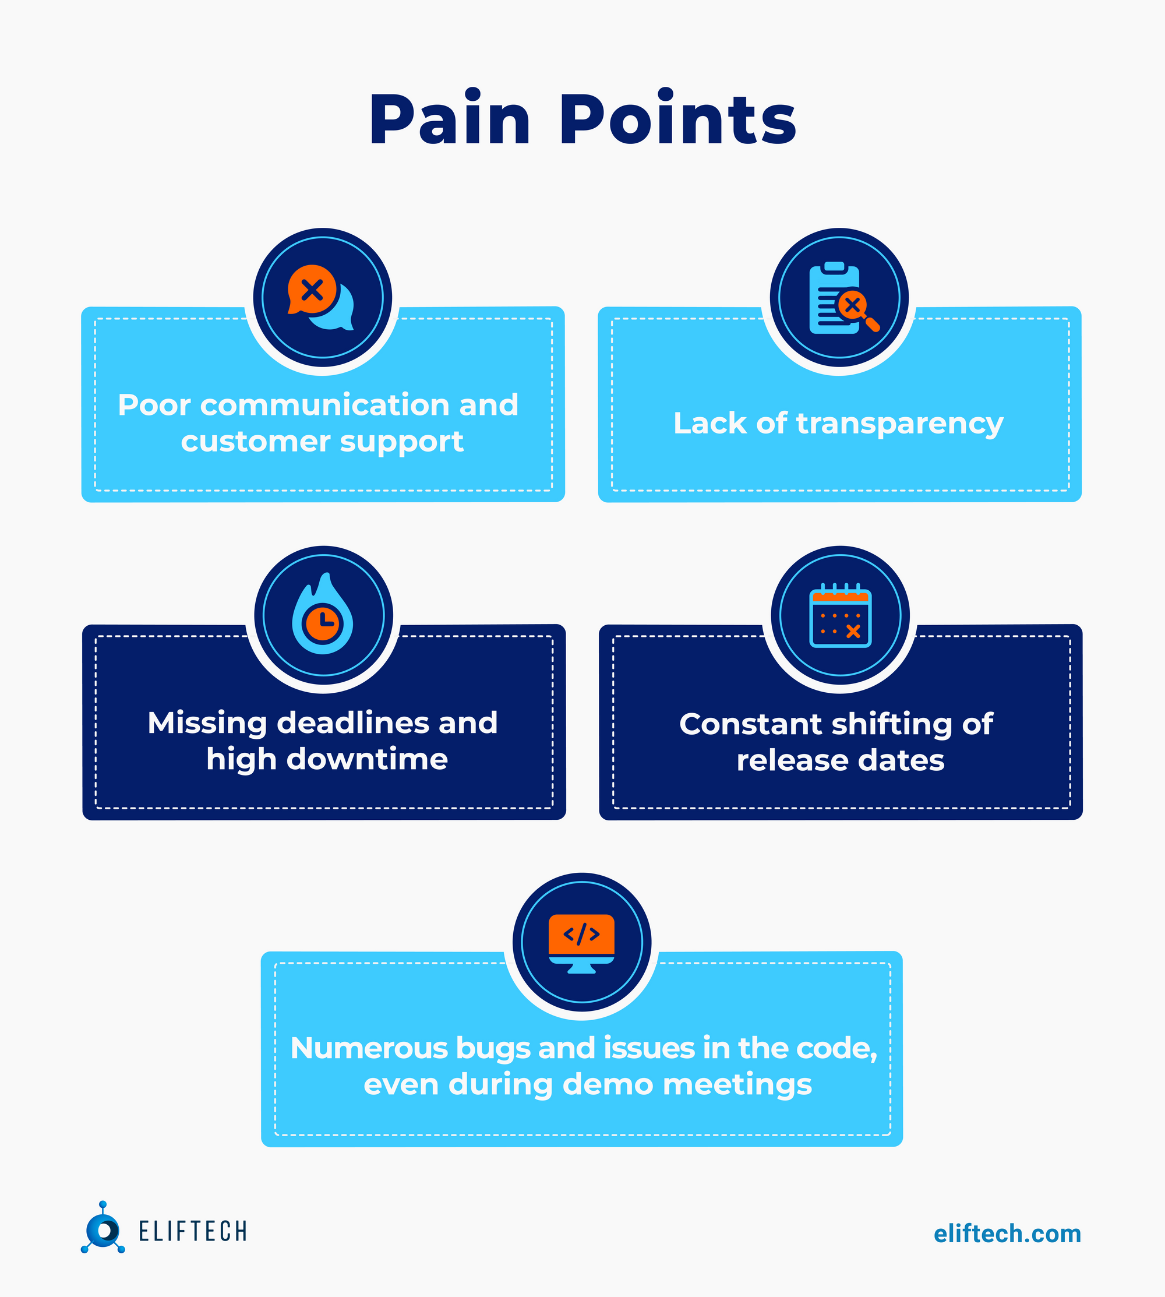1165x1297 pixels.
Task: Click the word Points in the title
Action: (678, 119)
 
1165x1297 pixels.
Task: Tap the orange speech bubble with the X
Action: (312, 290)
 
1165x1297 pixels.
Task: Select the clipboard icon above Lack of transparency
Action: (834, 298)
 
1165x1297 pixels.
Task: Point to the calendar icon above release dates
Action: (840, 616)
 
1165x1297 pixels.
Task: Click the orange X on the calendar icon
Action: (853, 632)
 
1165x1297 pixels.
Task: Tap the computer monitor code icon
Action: (581, 942)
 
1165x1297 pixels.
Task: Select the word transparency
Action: (899, 424)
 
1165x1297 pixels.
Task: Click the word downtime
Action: (367, 759)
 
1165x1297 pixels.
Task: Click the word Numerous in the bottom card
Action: (369, 1049)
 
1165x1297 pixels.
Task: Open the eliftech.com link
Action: (1007, 1233)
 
